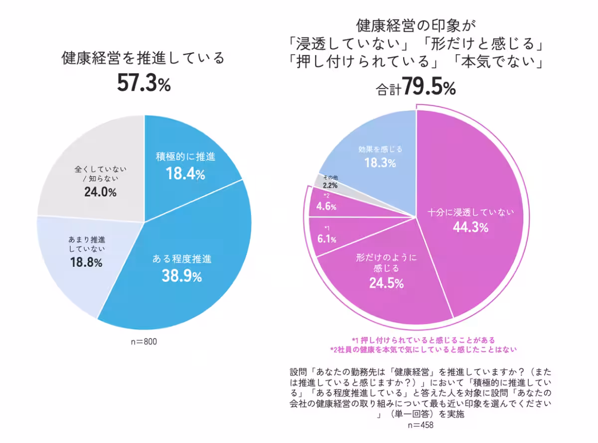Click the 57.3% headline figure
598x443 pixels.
[144, 83]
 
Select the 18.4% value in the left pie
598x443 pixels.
[184, 174]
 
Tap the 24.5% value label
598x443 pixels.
[386, 284]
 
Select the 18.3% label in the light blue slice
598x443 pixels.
[380, 163]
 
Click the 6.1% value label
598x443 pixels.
[327, 239]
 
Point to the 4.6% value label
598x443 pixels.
[326, 206]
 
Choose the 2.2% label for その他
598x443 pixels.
[329, 185]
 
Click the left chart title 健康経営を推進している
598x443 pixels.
[144, 59]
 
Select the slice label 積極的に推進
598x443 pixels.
[185, 157]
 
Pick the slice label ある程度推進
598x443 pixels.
[181, 259]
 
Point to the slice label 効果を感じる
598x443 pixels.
[380, 149]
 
